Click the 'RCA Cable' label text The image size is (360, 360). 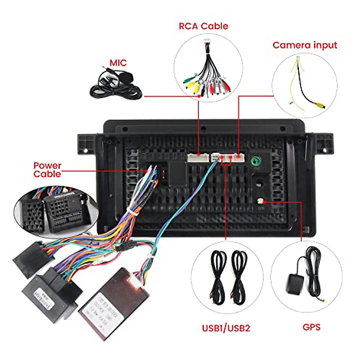203,26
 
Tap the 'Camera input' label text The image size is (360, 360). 305,45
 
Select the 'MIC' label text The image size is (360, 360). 118,63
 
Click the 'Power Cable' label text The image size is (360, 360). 47,170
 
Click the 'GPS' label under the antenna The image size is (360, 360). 311,327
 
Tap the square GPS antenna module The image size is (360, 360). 295,283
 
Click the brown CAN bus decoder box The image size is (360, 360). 114,303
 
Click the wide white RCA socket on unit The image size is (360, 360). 198,158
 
